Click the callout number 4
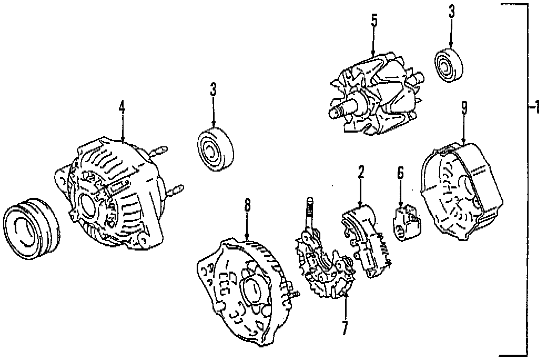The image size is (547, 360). pyautogui.click(x=122, y=108)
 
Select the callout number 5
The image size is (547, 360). pyautogui.click(x=374, y=22)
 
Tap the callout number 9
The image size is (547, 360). pyautogui.click(x=464, y=108)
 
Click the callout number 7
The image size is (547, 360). pyautogui.click(x=345, y=327)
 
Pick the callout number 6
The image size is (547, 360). pyautogui.click(x=400, y=174)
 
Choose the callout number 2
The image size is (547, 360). pyautogui.click(x=361, y=172)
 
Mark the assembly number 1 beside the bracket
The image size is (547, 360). pyautogui.click(x=535, y=109)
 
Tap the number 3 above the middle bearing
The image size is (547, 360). pyautogui.click(x=213, y=89)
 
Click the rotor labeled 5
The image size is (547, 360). pyautogui.click(x=376, y=95)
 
